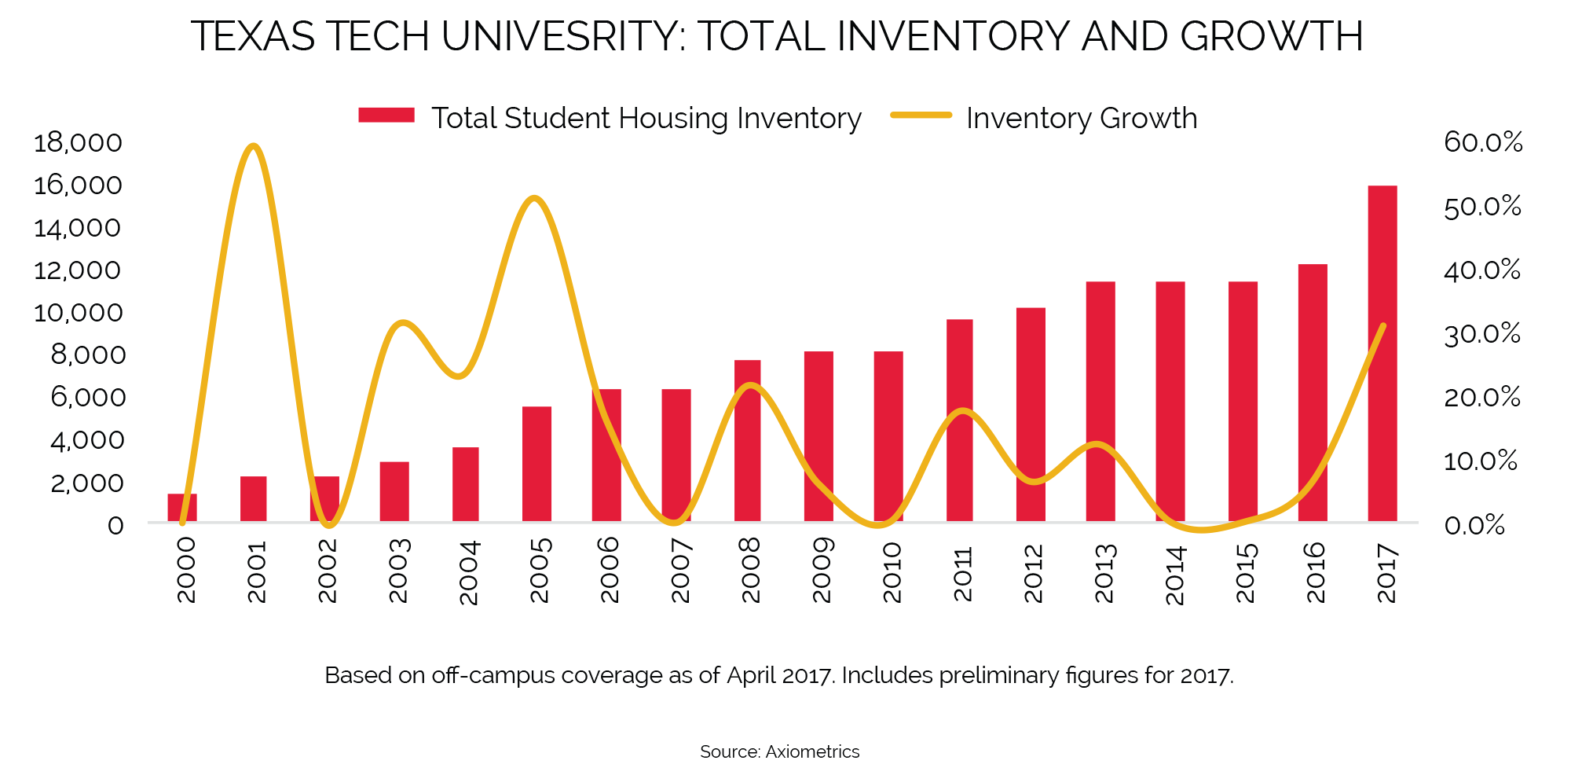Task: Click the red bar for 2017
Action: click(x=1382, y=354)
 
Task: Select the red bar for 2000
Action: click(x=182, y=508)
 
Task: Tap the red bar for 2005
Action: click(x=536, y=464)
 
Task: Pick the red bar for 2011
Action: click(x=959, y=421)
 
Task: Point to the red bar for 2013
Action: click(x=1100, y=401)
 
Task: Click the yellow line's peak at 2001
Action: click(x=252, y=146)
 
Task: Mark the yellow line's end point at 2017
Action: click(x=1383, y=325)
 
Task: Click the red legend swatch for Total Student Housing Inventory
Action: click(x=386, y=116)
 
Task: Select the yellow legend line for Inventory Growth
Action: click(x=921, y=116)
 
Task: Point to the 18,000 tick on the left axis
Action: click(x=79, y=143)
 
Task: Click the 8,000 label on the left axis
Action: click(x=88, y=355)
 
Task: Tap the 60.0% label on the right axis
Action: click(x=1483, y=142)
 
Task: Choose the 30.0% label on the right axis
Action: click(x=1482, y=334)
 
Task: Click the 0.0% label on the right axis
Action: click(x=1474, y=525)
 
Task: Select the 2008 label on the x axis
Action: click(x=751, y=570)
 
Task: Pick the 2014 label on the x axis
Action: click(x=1174, y=574)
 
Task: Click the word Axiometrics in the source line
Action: click(x=812, y=752)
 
